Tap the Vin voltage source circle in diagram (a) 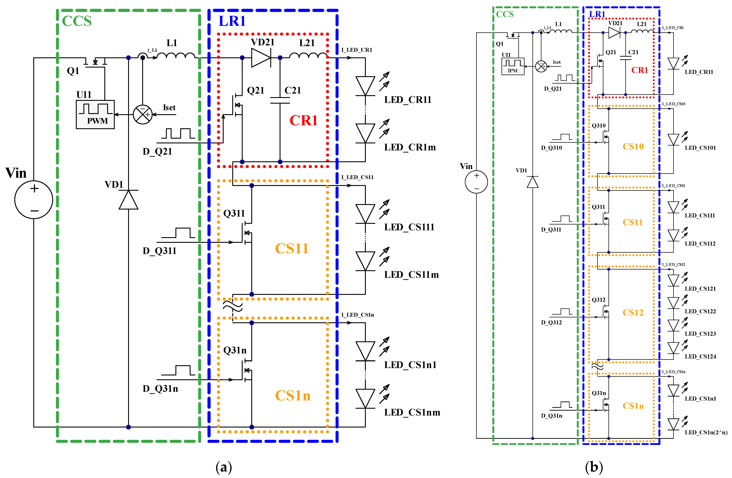[34, 200]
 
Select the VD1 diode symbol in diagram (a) [129, 200]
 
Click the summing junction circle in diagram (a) [143, 114]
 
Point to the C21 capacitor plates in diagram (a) [280, 101]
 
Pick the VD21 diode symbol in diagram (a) [261, 58]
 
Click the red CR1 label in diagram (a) [303, 120]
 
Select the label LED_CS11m [411, 274]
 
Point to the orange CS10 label [633, 146]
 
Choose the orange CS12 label [633, 312]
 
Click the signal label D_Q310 [551, 148]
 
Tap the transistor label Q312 [598, 300]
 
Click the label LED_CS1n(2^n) [706, 432]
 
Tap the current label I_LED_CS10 [674, 104]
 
